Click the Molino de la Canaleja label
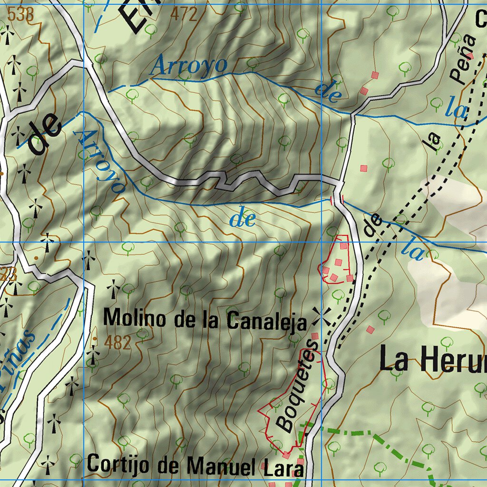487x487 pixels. point(205,319)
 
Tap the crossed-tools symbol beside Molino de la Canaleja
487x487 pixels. point(322,316)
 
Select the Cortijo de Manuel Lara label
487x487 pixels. point(195,465)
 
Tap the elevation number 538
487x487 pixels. point(21,15)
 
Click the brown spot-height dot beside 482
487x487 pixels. point(96,339)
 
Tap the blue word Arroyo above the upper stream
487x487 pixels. point(189,66)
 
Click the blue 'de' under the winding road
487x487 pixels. point(243,220)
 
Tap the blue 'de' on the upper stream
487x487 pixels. point(328,91)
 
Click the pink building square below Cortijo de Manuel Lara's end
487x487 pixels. point(300,462)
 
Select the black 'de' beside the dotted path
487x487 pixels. point(373,225)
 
